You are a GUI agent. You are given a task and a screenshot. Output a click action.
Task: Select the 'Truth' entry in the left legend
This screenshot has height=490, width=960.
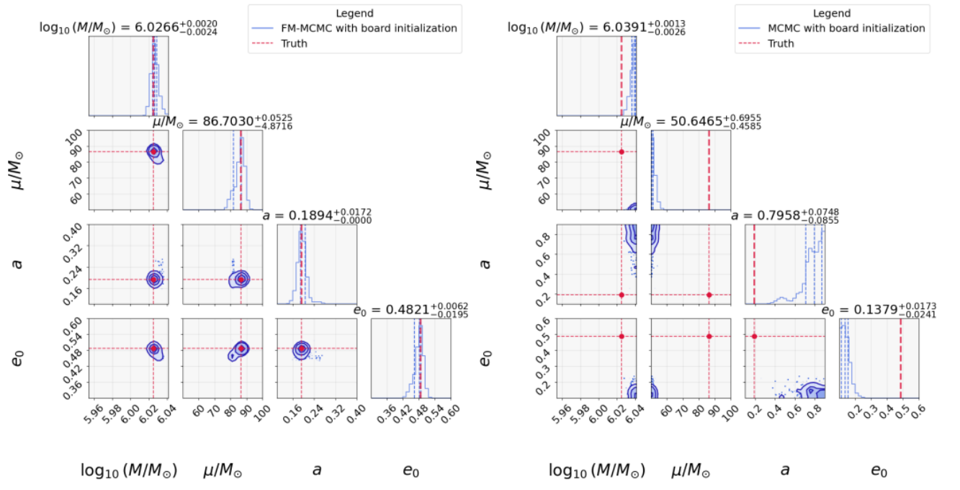click(294, 43)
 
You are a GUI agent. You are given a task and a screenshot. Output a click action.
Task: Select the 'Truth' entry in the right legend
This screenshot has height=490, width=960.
click(781, 43)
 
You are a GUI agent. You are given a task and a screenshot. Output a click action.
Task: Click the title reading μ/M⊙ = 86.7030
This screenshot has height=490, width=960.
click(222, 122)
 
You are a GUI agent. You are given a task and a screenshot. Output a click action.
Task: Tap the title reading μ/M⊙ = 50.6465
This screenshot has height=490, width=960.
click(690, 122)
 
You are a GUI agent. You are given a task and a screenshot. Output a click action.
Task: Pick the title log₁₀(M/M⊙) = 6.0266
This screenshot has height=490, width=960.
click(128, 27)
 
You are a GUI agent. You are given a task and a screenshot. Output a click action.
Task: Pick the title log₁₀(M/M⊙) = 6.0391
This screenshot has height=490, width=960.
click(596, 27)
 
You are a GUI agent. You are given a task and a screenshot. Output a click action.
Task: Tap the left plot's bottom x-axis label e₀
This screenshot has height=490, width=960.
click(411, 471)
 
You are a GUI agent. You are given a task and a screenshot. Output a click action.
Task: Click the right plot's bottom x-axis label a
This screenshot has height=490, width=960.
click(785, 471)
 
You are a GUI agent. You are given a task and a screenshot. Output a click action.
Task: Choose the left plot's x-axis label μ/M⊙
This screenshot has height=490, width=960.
click(222, 471)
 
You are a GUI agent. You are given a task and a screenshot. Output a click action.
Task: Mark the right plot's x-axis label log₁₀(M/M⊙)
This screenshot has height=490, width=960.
click(597, 471)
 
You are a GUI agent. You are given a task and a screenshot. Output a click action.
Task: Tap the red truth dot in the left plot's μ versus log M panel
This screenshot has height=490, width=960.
click(153, 151)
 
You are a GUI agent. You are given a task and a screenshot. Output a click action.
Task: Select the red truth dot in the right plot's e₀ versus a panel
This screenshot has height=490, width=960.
click(754, 337)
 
